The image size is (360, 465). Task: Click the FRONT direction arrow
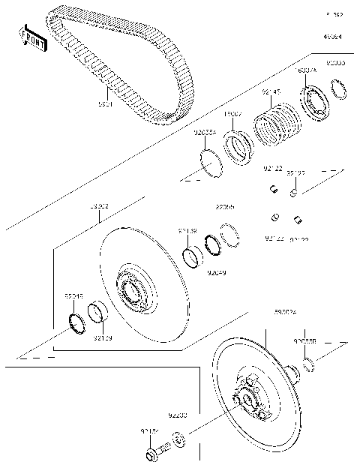(x=32, y=40)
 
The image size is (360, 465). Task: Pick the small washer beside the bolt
(x=179, y=439)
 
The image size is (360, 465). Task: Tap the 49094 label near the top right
(x=332, y=36)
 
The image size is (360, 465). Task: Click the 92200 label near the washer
(x=178, y=414)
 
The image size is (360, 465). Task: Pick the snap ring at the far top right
(x=340, y=91)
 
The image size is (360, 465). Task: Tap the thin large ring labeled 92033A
(x=209, y=162)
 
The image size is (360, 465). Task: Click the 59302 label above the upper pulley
(x=99, y=205)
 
